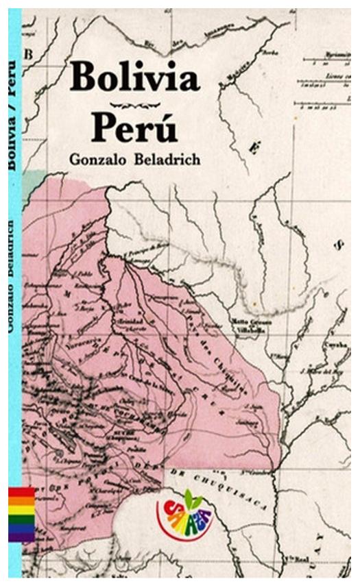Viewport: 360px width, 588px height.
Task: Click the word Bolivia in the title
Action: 134,77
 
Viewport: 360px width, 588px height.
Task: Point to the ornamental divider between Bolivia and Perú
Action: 134,104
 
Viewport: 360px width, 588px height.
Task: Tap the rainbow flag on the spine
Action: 21,515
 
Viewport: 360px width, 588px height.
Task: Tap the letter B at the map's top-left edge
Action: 29,53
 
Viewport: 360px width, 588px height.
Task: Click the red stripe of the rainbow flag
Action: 21,492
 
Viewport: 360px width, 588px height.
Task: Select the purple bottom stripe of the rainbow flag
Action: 21,537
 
